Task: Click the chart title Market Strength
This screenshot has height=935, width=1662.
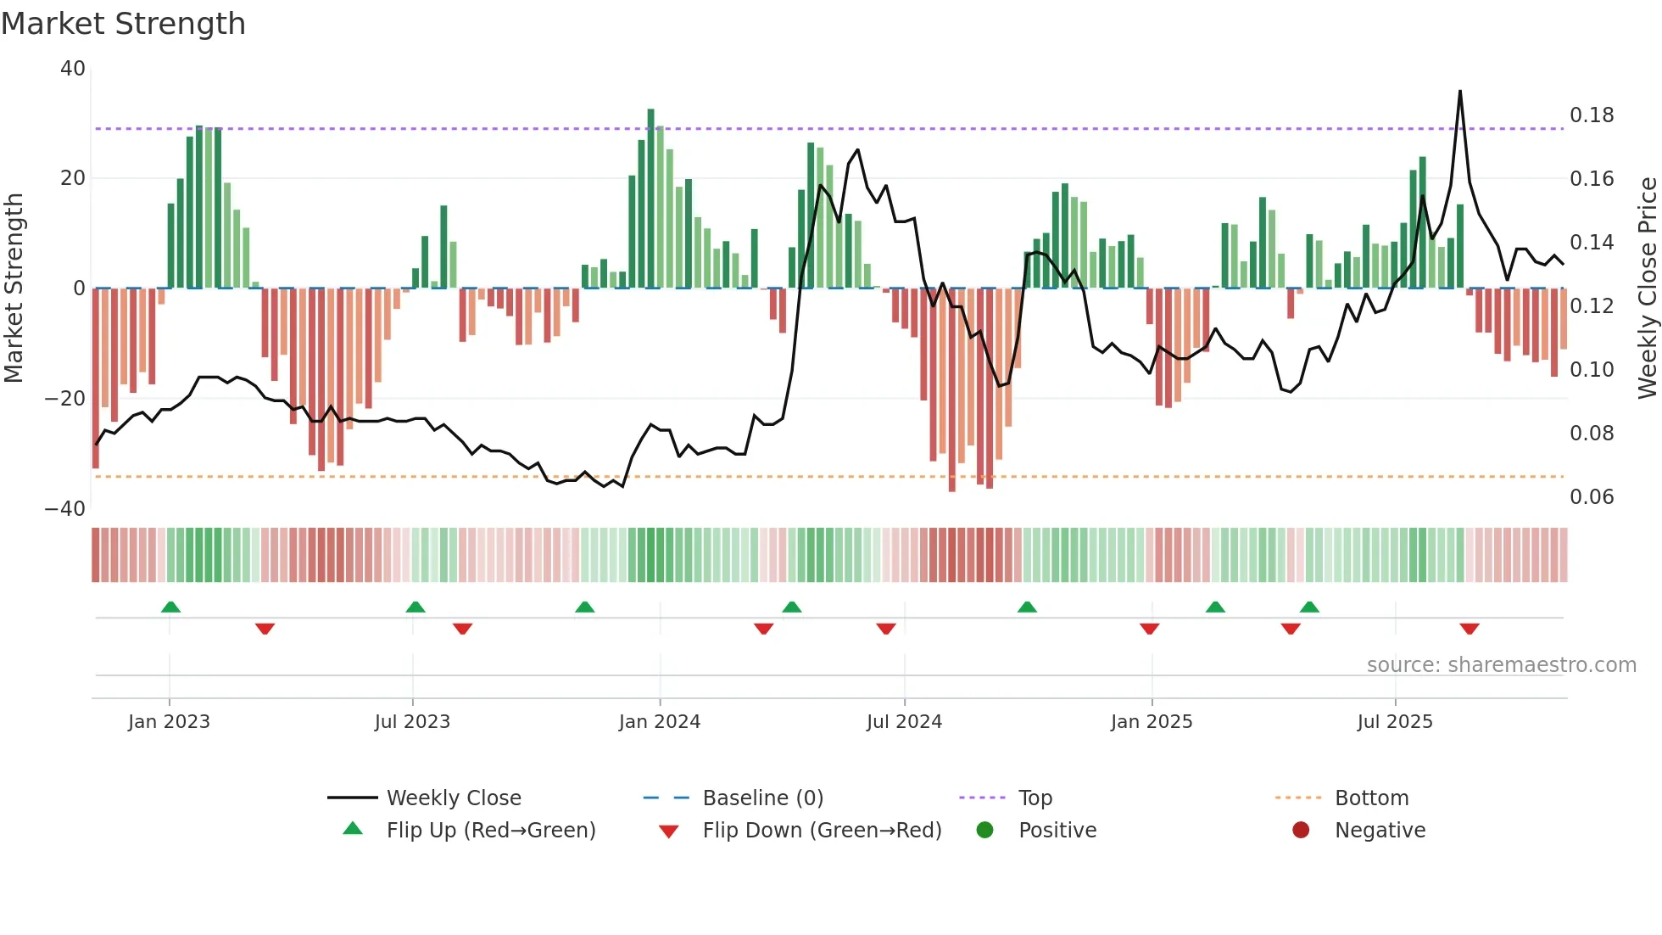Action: pos(123,24)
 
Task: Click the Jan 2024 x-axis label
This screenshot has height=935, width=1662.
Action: pos(659,722)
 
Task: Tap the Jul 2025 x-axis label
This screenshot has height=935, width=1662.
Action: pos(1394,722)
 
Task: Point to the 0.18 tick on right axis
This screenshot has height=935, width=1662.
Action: pos(1591,115)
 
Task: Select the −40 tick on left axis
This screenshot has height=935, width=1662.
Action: pos(65,509)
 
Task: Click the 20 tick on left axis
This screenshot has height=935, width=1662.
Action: pos(73,178)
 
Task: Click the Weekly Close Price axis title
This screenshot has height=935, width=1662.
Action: pos(1647,287)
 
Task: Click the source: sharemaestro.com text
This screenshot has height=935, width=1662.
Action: pos(1501,665)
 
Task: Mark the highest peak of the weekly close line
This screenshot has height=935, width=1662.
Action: pos(1459,92)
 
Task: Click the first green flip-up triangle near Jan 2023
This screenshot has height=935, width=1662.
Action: pos(170,607)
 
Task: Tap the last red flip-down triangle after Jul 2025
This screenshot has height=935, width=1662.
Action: pos(1470,629)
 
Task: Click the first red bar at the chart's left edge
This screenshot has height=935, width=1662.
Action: pos(96,378)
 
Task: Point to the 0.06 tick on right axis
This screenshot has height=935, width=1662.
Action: pos(1591,497)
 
